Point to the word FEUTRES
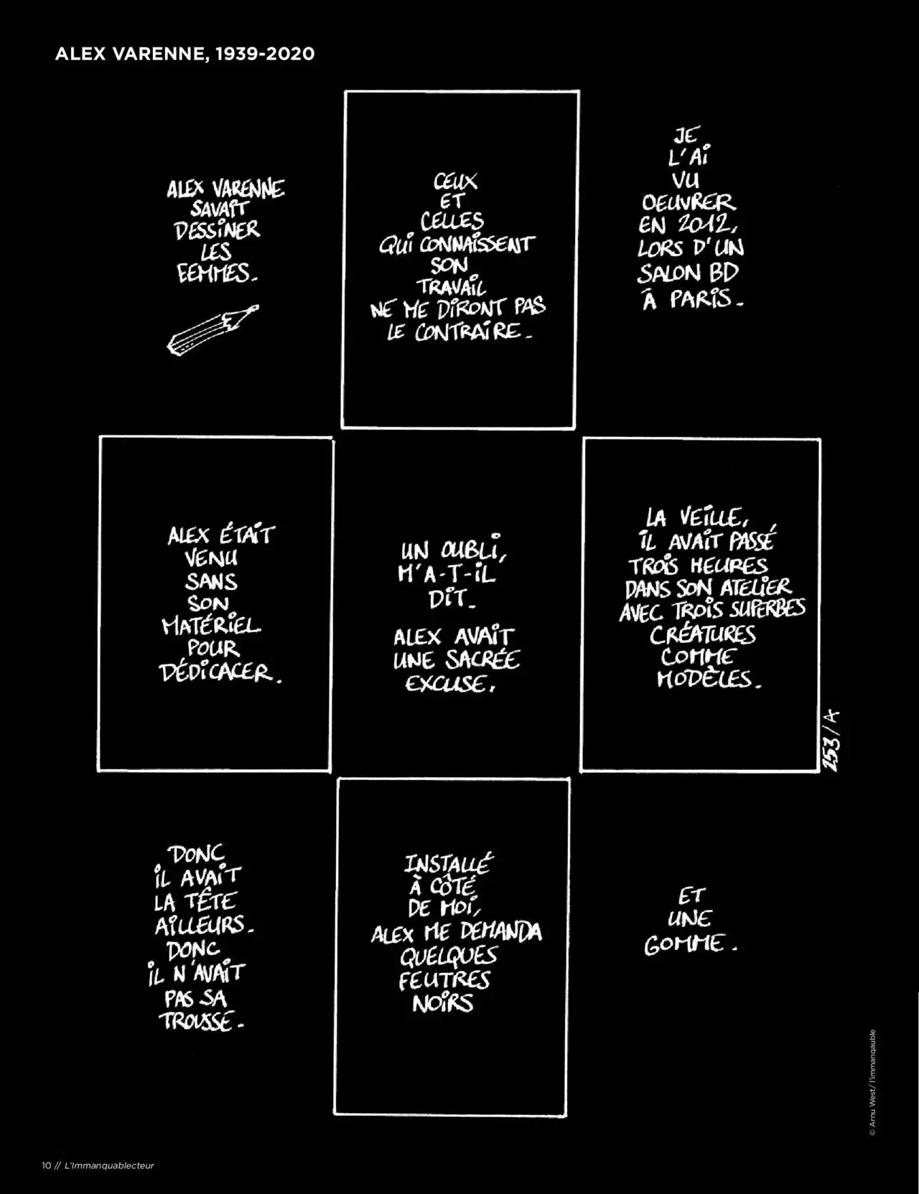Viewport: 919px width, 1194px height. point(444,979)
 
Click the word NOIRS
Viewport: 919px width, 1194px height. point(443,1003)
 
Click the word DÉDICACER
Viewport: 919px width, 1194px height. point(218,673)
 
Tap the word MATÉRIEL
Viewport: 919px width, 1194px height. point(211,626)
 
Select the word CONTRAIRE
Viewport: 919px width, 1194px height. point(457,332)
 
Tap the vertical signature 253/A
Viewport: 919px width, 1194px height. point(832,739)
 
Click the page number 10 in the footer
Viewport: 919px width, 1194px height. point(46,1165)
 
